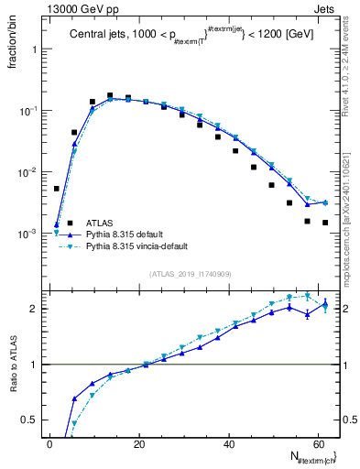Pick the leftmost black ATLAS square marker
tap(57, 189)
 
